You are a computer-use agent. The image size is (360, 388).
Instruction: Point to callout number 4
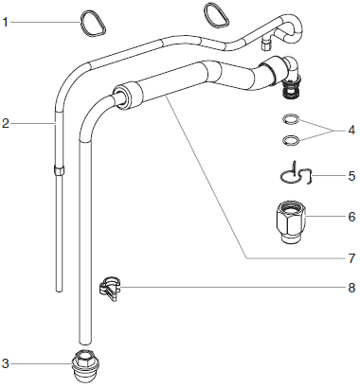[x=351, y=130]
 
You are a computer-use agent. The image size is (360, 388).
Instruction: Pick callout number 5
[x=351, y=176]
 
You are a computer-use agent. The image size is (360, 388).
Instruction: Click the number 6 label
[x=351, y=217]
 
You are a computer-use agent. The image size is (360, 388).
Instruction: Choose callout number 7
[x=351, y=257]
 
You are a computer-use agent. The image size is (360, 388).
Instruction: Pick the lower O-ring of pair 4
[x=295, y=140]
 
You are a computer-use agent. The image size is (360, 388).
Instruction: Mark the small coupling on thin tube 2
[x=58, y=170]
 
